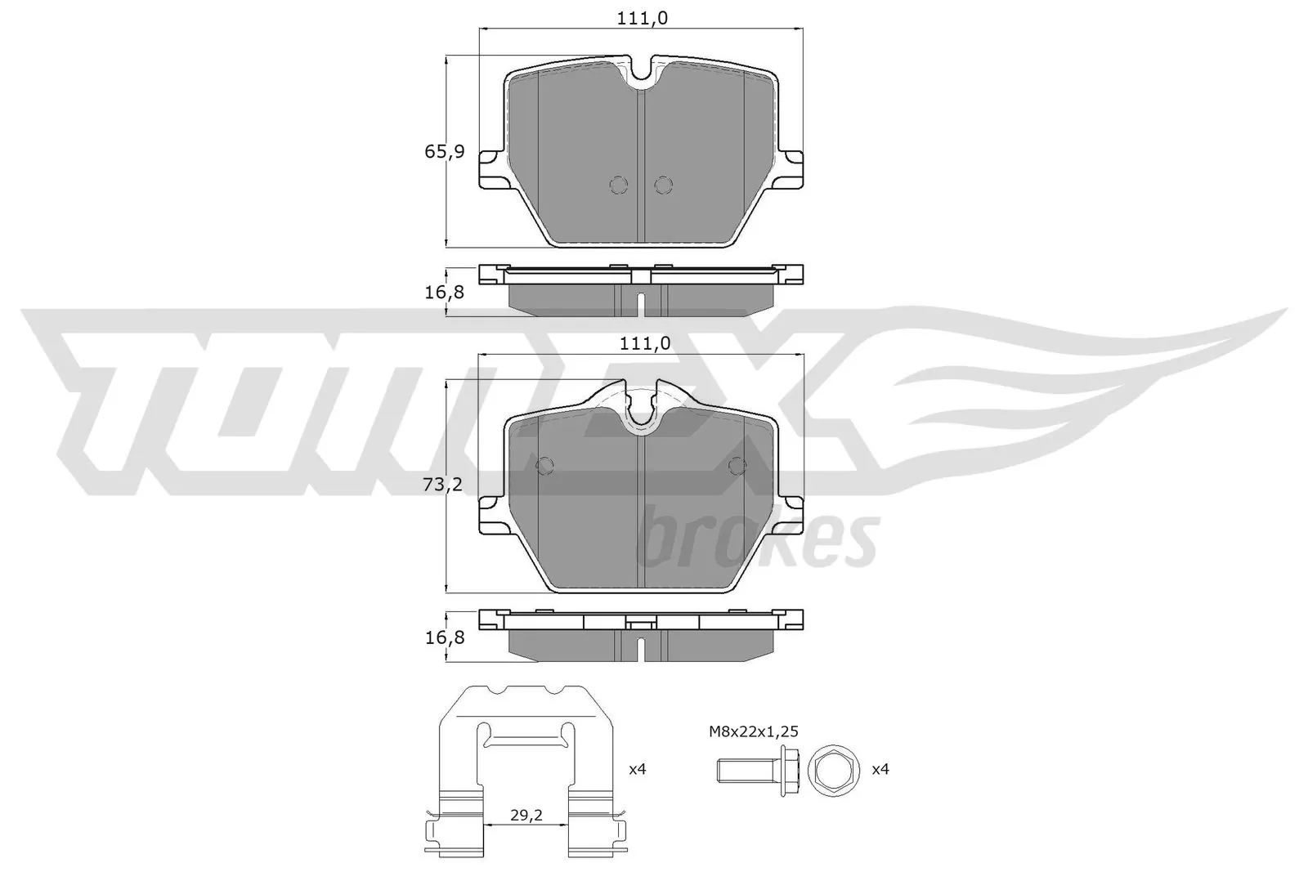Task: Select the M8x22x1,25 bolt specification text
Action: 753,731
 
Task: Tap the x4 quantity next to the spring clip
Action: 637,769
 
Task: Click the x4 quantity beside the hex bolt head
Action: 880,769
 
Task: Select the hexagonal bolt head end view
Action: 833,770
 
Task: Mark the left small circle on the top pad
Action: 619,186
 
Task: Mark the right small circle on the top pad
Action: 663,186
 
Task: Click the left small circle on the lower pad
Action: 544,466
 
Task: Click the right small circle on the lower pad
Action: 737,466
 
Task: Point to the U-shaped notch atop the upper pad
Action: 642,74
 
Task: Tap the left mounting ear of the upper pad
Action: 491,169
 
